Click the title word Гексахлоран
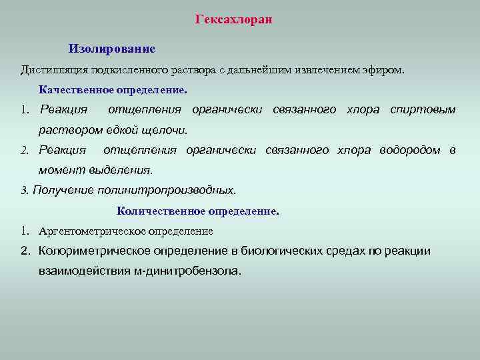coord(234,19)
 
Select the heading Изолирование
coord(112,49)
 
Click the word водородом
coord(411,150)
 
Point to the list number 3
coord(24,191)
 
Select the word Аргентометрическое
coord(91,231)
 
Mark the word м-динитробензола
coord(196,272)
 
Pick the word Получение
coord(63,191)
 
